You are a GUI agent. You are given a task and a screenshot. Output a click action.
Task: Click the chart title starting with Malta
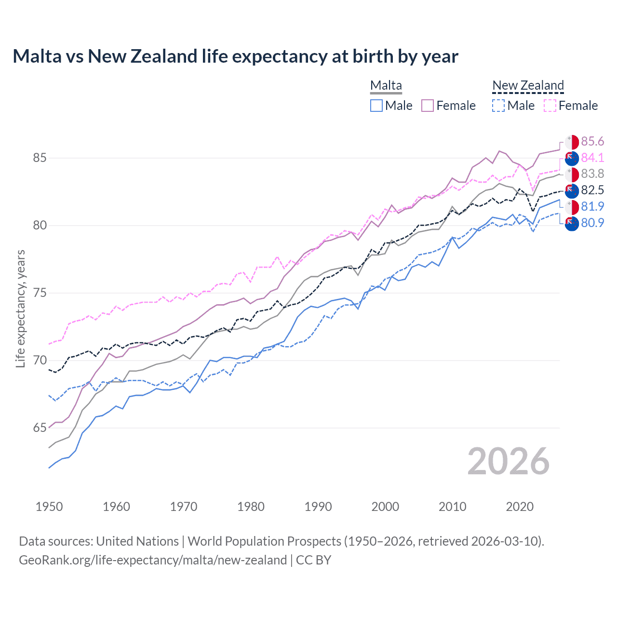pos(235,56)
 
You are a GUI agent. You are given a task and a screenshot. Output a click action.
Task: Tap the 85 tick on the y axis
pos(40,158)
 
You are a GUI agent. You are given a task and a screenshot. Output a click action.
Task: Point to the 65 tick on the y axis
pos(40,428)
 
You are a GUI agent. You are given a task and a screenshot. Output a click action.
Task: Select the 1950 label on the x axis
pos(49,507)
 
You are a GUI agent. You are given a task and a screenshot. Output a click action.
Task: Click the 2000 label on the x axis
pos(385,507)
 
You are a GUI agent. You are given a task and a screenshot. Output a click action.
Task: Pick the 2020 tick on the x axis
pos(520,507)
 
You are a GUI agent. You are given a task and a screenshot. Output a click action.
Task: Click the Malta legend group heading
pos(386,85)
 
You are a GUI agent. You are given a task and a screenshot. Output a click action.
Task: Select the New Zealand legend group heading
pos(528,85)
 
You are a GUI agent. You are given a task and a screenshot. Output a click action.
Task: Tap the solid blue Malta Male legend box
pos(376,106)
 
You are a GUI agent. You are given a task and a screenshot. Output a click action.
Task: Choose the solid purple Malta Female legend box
pos(428,106)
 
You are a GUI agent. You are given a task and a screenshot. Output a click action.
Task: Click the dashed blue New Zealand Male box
pos(498,106)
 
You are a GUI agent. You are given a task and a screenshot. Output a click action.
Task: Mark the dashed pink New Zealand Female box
pos(550,106)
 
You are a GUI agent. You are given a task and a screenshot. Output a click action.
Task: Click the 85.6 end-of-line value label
pos(592,141)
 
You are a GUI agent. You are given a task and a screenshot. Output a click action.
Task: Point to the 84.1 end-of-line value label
pos(592,158)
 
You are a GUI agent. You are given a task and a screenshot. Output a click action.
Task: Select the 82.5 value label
pos(592,190)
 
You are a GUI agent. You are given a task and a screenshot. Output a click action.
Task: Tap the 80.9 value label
pos(592,223)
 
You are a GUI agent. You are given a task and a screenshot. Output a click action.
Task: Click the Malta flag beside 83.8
pos(572,174)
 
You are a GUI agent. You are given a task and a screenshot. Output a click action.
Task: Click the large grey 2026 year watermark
pos(508,461)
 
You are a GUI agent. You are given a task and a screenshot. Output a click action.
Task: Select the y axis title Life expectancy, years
pos(21,308)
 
